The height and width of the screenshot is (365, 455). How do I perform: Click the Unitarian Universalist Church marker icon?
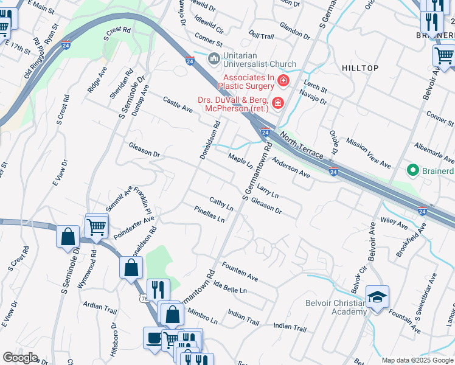pos(214,58)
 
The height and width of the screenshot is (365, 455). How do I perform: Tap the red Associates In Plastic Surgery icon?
pos(283,80)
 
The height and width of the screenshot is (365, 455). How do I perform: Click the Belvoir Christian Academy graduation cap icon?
pos(377,297)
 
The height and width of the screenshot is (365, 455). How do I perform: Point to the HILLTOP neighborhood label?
pos(360,68)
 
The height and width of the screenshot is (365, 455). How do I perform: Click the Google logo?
pos(20,358)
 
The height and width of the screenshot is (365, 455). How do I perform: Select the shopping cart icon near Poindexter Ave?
pos(97,226)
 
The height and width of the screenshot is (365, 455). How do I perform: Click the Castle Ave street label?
pos(178,104)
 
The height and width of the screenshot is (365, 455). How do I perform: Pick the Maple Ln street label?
pos(240,161)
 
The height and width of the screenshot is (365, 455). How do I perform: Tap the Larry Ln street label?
pos(267,191)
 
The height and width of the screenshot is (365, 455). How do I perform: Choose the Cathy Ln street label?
pos(221,203)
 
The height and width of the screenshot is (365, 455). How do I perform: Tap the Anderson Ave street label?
pos(291,168)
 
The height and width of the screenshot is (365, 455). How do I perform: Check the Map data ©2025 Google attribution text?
pos(417,360)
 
